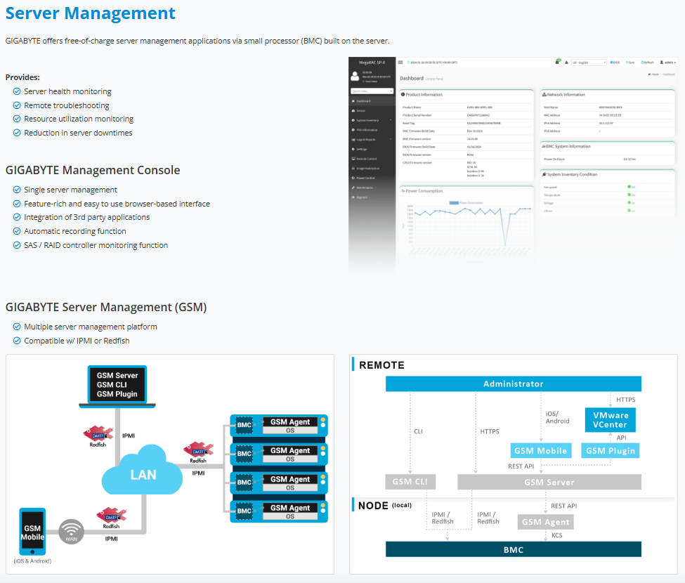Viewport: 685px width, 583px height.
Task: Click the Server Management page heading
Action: click(x=90, y=13)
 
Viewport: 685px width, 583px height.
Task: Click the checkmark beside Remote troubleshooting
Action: click(x=17, y=105)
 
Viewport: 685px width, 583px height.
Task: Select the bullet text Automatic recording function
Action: click(x=75, y=231)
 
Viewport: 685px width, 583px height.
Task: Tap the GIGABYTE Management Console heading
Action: click(x=93, y=170)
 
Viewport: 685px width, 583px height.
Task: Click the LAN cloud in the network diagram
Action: click(x=143, y=474)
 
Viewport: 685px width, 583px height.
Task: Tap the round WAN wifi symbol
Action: click(x=71, y=532)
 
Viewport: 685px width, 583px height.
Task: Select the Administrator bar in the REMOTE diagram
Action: click(x=513, y=384)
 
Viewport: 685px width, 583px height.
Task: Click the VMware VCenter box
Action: click(x=611, y=420)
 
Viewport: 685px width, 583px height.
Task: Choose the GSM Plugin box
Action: click(x=611, y=451)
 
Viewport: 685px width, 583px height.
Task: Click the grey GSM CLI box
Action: click(x=411, y=482)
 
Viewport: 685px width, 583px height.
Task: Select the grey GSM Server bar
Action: click(x=549, y=482)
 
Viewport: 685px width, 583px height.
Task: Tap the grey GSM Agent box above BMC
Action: click(x=546, y=521)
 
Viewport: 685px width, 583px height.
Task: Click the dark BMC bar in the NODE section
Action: click(x=513, y=549)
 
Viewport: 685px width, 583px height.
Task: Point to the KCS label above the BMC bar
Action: click(x=556, y=535)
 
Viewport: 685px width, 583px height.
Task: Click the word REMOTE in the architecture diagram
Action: click(x=381, y=365)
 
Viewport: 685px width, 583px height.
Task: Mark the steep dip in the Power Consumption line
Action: click(x=504, y=245)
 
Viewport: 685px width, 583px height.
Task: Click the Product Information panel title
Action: click(x=424, y=94)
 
